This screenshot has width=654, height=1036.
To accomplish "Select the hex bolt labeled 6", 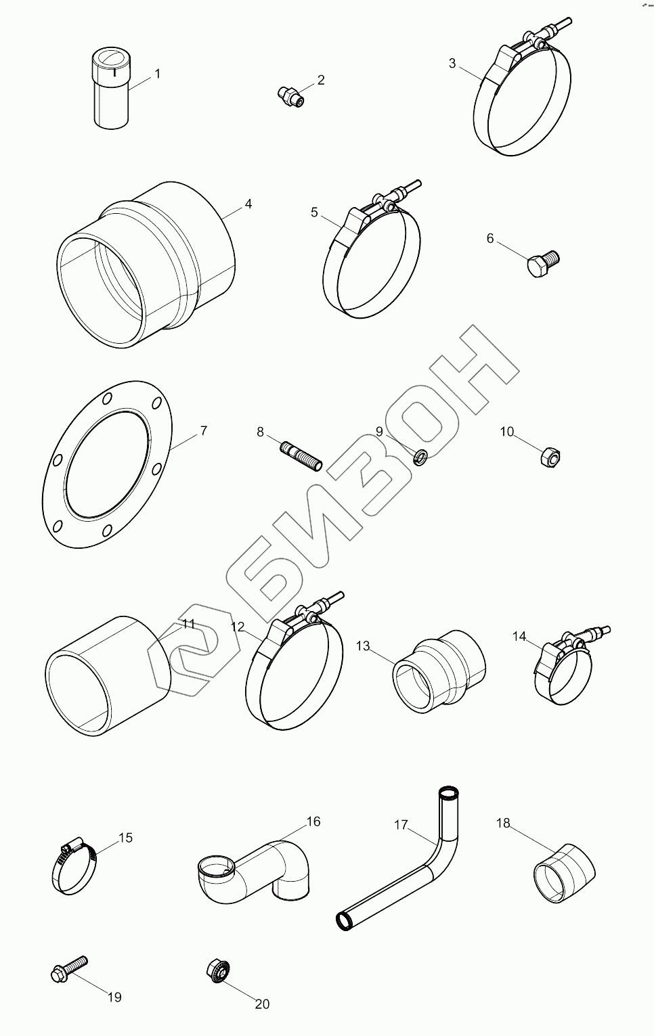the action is pyautogui.click(x=544, y=263).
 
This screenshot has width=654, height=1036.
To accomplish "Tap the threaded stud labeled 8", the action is pyautogui.click(x=301, y=456).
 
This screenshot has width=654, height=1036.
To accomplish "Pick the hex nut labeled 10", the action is pyautogui.click(x=550, y=457).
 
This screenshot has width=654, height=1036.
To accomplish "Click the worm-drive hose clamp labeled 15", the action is pyautogui.click(x=74, y=865).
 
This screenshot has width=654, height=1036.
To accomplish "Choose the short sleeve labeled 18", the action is pyautogui.click(x=564, y=873).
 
